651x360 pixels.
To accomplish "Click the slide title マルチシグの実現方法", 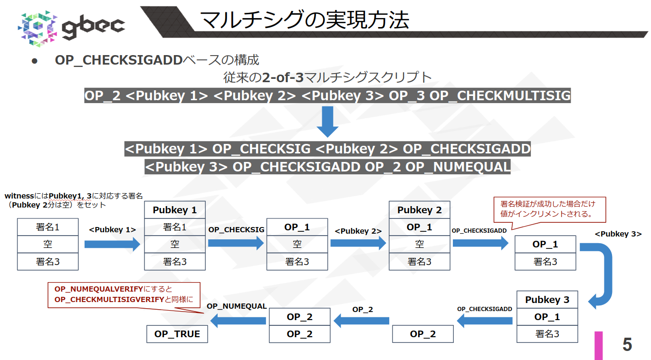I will (x=304, y=20).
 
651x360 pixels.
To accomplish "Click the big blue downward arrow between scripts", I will (x=327, y=122).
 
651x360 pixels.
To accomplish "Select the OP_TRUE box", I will (x=177, y=334).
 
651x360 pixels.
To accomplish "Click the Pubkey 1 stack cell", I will (x=175, y=210).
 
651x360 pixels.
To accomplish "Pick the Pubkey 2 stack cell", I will (x=420, y=210).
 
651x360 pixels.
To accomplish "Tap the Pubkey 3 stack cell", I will (x=547, y=300).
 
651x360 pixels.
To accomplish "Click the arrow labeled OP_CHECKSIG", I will (x=236, y=244).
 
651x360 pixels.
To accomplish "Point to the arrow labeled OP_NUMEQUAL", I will (x=238, y=322).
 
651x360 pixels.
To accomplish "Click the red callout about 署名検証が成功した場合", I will (x=550, y=209).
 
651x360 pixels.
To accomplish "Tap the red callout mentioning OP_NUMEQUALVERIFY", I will (x=124, y=295).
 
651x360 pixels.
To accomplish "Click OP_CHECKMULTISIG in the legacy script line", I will (x=500, y=95).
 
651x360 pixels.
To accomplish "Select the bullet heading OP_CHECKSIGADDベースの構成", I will (x=157, y=60).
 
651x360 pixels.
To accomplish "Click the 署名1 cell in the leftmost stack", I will (x=48, y=227).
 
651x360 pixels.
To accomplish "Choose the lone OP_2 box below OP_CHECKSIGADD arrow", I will (x=423, y=334).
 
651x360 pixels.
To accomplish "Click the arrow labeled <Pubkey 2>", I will (x=358, y=244).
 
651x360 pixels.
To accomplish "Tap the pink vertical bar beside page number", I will (x=599, y=345).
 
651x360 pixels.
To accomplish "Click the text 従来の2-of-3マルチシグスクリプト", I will (x=327, y=77).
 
